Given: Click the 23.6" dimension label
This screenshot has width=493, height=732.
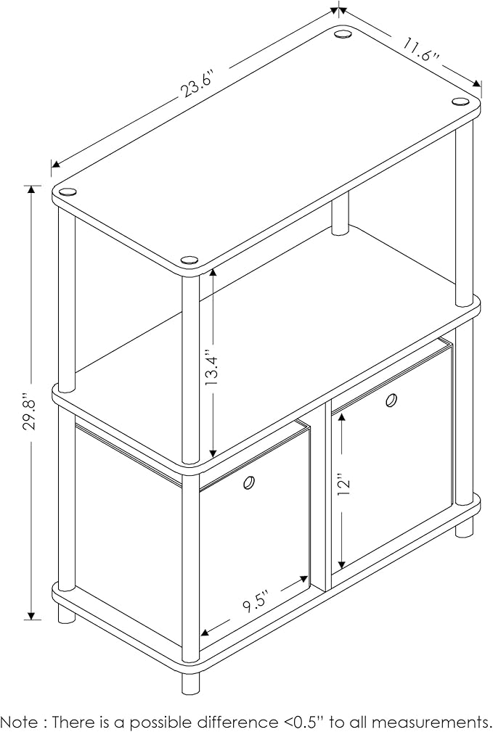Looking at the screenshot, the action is [197, 84].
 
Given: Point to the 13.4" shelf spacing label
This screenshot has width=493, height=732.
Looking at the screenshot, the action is [213, 369].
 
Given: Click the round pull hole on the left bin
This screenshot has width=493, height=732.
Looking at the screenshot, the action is [249, 482].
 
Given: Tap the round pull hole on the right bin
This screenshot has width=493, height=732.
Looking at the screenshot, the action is [391, 400].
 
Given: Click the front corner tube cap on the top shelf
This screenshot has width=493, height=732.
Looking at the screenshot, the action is [190, 260].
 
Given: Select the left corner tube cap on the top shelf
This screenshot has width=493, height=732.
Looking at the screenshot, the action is [68, 192].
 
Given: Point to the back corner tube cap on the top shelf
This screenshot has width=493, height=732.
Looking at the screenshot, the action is [343, 34].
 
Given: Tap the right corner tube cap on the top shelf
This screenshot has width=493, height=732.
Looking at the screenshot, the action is [460, 101].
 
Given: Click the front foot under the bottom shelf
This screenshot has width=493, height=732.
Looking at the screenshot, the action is [190, 683].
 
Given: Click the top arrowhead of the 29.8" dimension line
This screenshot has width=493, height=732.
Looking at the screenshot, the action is [31, 190].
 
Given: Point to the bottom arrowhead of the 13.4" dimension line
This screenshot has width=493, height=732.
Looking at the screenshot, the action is [213, 453].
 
